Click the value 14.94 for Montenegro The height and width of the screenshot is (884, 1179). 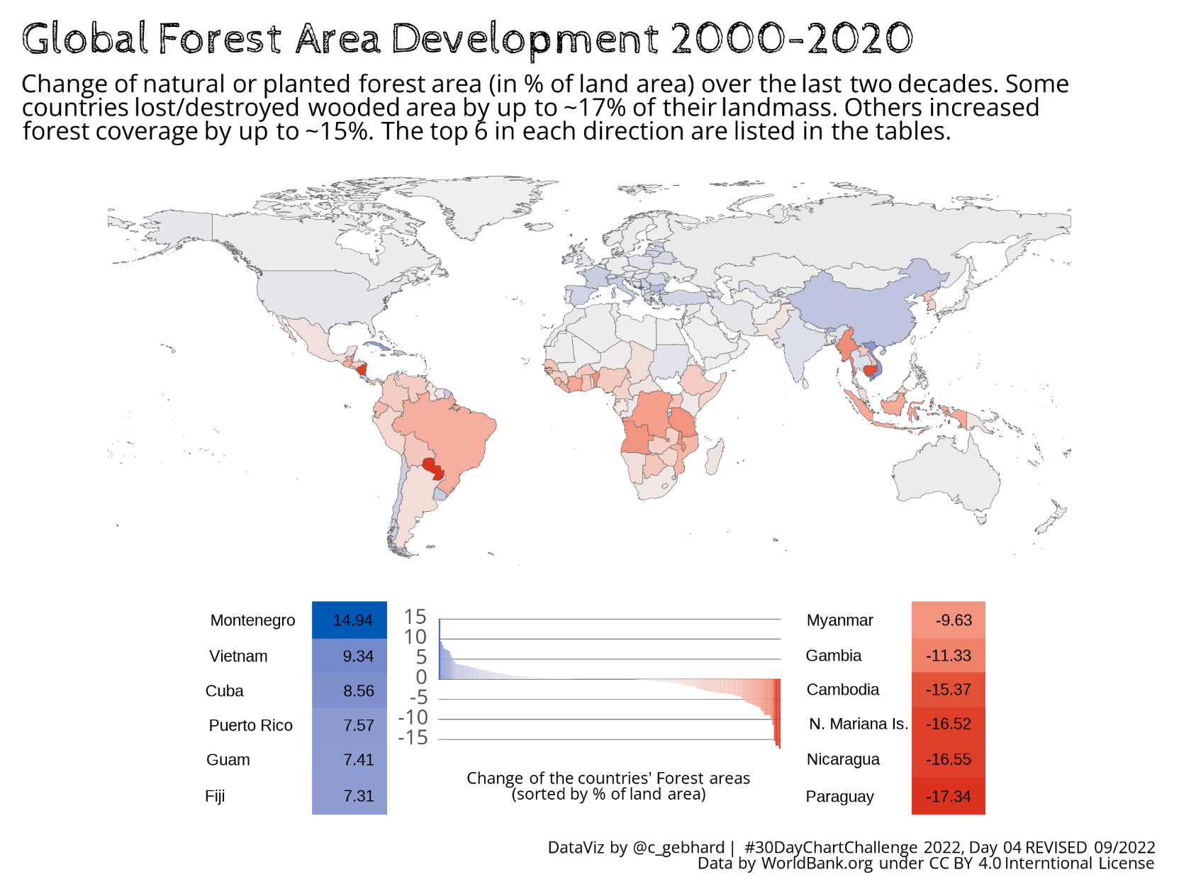352,620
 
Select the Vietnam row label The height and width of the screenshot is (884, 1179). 238,656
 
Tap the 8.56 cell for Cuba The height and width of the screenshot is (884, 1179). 358,691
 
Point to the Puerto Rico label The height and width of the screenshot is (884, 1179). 250,726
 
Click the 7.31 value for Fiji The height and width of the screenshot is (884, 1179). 358,796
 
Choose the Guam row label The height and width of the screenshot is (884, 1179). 228,760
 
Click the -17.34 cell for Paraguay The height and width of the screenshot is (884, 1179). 949,797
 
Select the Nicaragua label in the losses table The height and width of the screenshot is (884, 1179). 843,759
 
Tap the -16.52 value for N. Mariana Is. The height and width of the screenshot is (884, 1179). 949,724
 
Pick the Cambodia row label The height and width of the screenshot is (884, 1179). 843,690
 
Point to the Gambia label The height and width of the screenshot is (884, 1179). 834,656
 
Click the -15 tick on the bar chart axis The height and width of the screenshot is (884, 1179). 413,738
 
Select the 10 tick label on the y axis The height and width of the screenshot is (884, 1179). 415,637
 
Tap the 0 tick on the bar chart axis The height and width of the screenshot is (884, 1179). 421,677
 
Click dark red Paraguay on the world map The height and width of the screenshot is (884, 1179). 432,468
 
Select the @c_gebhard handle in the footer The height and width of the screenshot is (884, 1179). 678,847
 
